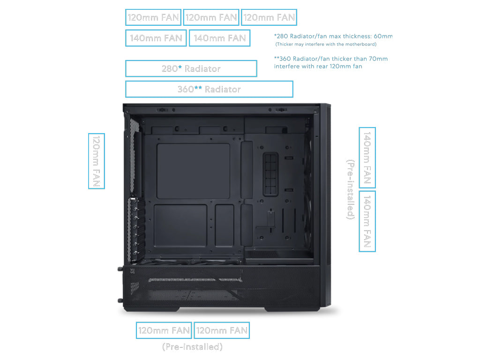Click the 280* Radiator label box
[x=191, y=68]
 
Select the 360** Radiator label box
[x=209, y=89]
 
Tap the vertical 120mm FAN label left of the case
[x=97, y=161]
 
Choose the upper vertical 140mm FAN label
[x=367, y=157]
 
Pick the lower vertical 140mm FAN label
[x=367, y=221]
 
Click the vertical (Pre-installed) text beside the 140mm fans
[x=351, y=189]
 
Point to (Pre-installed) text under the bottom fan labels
[x=192, y=347]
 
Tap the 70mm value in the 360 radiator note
[x=378, y=59]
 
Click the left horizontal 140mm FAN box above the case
[x=156, y=38]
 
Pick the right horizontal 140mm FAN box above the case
[x=219, y=38]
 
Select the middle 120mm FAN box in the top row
[x=211, y=17]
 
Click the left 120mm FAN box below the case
[x=164, y=330]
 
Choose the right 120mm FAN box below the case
[x=222, y=330]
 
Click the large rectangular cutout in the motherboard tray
[x=193, y=171]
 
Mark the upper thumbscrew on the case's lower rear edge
[x=120, y=269]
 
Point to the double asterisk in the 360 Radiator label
[x=198, y=89]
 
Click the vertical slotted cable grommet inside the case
[x=270, y=174]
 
